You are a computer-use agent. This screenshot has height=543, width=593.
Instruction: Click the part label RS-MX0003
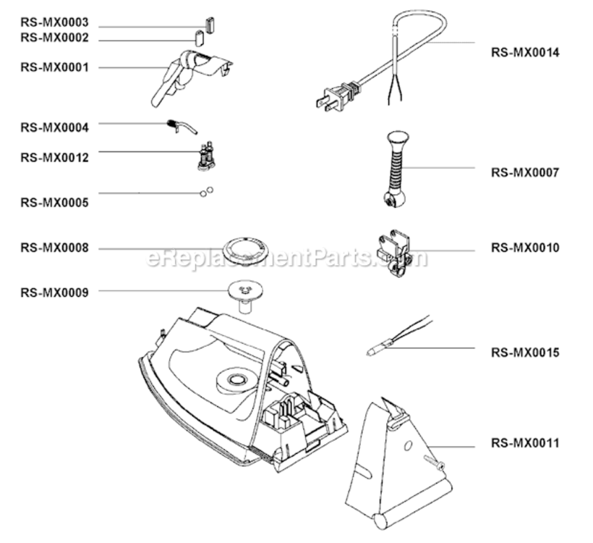(54, 23)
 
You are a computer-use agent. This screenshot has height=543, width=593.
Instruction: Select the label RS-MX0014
(525, 52)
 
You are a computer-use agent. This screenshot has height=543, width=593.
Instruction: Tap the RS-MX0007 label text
(525, 172)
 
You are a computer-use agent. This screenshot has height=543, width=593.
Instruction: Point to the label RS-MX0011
(525, 442)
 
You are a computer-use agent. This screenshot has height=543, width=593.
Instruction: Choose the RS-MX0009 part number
(54, 292)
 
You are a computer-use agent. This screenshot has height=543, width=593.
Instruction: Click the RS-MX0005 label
(54, 203)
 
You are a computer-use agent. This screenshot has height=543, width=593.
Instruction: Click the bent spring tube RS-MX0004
(182, 127)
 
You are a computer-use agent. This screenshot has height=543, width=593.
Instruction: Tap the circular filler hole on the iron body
(236, 379)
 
